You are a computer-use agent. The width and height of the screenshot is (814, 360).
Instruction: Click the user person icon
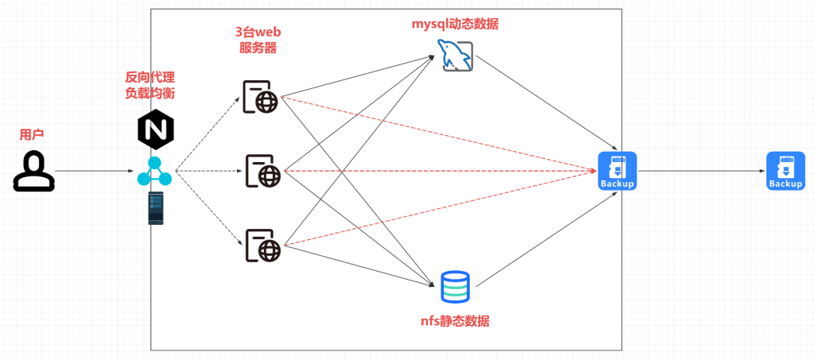pos(34,172)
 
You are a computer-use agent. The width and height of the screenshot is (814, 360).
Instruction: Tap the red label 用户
pos(32,135)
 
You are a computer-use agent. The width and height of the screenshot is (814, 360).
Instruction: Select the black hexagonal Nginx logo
pos(155,130)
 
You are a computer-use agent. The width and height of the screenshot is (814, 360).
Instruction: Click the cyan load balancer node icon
pos(154,172)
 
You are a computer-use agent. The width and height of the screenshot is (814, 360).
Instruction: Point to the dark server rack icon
pos(156,209)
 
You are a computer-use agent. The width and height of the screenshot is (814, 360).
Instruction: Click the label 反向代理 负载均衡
pos(150,85)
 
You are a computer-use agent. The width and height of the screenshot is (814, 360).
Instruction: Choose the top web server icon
pos(261,97)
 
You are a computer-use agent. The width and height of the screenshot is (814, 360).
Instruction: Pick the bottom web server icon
pos(262,245)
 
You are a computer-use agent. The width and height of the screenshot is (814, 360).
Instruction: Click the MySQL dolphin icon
pos(456,55)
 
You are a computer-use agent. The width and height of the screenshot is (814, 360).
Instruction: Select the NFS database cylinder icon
pos(455,287)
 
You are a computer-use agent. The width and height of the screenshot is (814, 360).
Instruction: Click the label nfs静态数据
pos(455,321)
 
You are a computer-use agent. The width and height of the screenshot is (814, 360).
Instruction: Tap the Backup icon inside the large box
pos(618,172)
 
